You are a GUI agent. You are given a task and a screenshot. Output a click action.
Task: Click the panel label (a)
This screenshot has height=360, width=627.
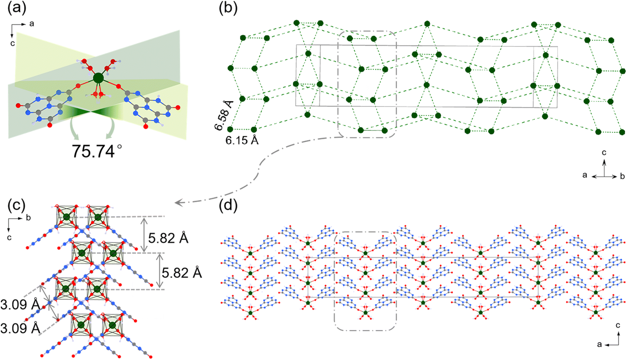tap(17, 8)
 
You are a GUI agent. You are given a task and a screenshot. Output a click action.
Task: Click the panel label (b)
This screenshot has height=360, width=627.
tap(228, 8)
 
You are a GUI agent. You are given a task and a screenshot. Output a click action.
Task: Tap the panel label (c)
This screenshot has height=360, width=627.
tap(17, 205)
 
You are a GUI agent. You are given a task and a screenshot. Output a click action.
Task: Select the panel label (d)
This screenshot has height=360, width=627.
tap(228, 205)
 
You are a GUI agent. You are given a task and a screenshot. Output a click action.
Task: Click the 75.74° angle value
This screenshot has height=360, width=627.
tap(97, 151)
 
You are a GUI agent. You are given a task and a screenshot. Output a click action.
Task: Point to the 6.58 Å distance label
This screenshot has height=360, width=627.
tap(224, 115)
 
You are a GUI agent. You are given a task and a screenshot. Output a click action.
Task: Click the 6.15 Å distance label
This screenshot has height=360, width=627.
tap(242, 140)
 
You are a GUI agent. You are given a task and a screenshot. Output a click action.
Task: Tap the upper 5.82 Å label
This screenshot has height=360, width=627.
tap(168, 238)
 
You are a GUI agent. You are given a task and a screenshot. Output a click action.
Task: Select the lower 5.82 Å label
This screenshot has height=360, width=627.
tap(182, 273)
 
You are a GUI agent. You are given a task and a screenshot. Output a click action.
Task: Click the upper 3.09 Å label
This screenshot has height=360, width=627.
tap(20, 305)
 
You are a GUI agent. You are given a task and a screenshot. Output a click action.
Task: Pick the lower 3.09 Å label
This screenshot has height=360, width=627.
tap(20, 328)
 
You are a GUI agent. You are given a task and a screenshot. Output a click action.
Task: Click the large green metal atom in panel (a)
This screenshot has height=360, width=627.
tap(98, 78)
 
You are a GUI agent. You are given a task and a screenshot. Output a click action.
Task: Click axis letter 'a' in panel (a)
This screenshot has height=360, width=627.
tap(32, 24)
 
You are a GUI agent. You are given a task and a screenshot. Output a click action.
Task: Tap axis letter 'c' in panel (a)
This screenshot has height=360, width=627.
tap(12, 43)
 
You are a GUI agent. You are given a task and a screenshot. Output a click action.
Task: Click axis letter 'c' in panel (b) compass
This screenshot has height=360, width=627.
tap(604, 152)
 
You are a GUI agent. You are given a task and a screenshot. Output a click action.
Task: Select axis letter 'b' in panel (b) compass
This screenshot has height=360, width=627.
tap(622, 176)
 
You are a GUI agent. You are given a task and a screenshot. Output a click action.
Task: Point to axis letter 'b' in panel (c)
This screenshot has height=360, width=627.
tap(28, 218)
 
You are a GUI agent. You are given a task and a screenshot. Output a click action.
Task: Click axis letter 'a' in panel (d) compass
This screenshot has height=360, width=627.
tap(600, 344)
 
